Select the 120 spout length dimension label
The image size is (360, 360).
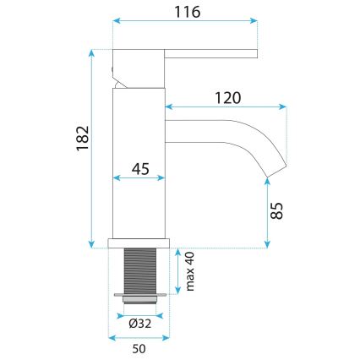229,97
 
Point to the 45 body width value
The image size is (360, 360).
140,170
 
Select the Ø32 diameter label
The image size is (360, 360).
140,321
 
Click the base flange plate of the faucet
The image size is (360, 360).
141,243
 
